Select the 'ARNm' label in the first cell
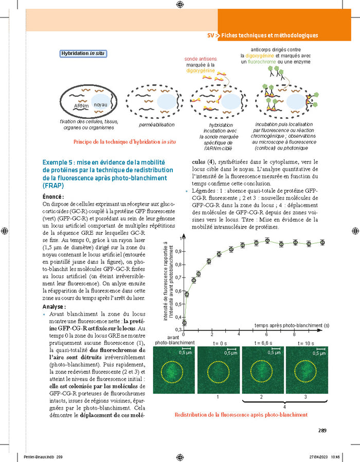coord(81,106)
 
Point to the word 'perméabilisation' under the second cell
coord(157,125)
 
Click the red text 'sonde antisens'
coord(201,59)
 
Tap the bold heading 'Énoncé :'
coord(53,197)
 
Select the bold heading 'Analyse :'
coord(54,307)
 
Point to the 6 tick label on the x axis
coord(267,334)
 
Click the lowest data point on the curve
coord(184,323)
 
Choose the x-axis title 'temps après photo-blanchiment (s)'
coord(292,325)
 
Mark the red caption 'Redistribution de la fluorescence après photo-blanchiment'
coord(241,415)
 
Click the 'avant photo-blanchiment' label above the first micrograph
coord(169,340)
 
